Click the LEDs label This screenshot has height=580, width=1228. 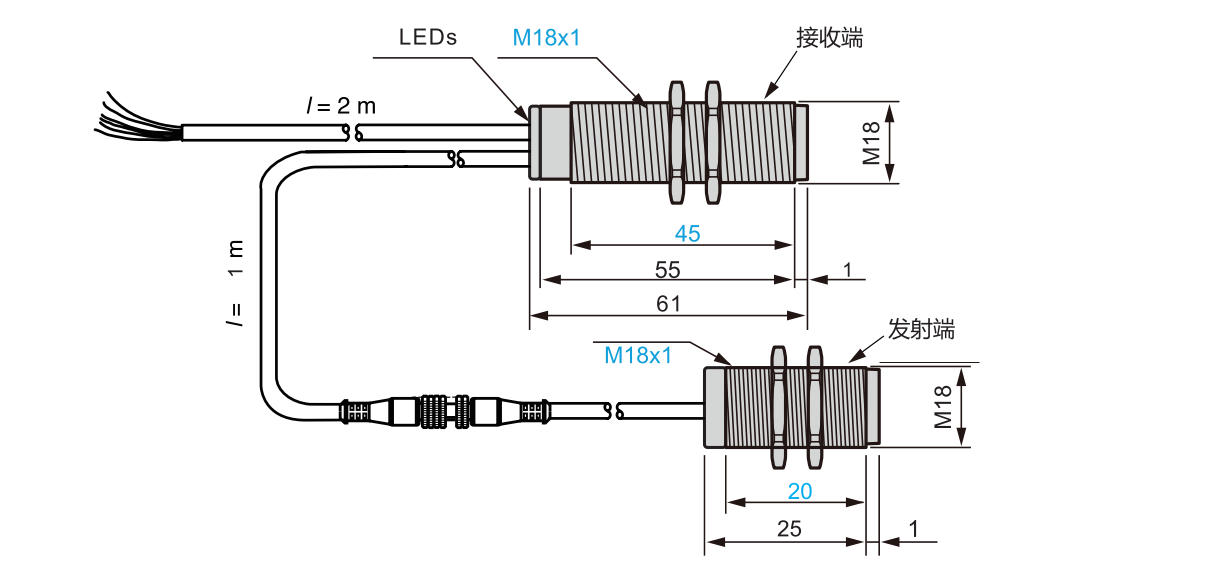pos(427,38)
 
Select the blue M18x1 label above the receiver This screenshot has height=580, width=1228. pos(546,38)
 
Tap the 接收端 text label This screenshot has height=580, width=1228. pos(829,38)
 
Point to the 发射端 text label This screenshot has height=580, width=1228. pos(921,329)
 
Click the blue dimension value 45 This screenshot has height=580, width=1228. pos(687,234)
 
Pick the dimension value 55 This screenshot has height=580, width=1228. pos(668,270)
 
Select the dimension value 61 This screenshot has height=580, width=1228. pos(668,304)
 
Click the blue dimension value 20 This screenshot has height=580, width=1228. pos(799,491)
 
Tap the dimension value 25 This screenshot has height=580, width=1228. pos(789,529)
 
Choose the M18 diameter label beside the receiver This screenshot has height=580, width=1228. pos(871,142)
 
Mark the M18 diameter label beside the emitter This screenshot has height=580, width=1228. pos(943,406)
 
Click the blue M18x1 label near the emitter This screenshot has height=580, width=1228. pos(638,355)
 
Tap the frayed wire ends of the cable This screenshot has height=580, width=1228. pos(135,118)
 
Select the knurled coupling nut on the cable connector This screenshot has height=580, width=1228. pos(433,411)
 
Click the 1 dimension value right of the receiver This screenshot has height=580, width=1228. pos(847,270)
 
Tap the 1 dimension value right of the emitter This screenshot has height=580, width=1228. pos(913,529)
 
